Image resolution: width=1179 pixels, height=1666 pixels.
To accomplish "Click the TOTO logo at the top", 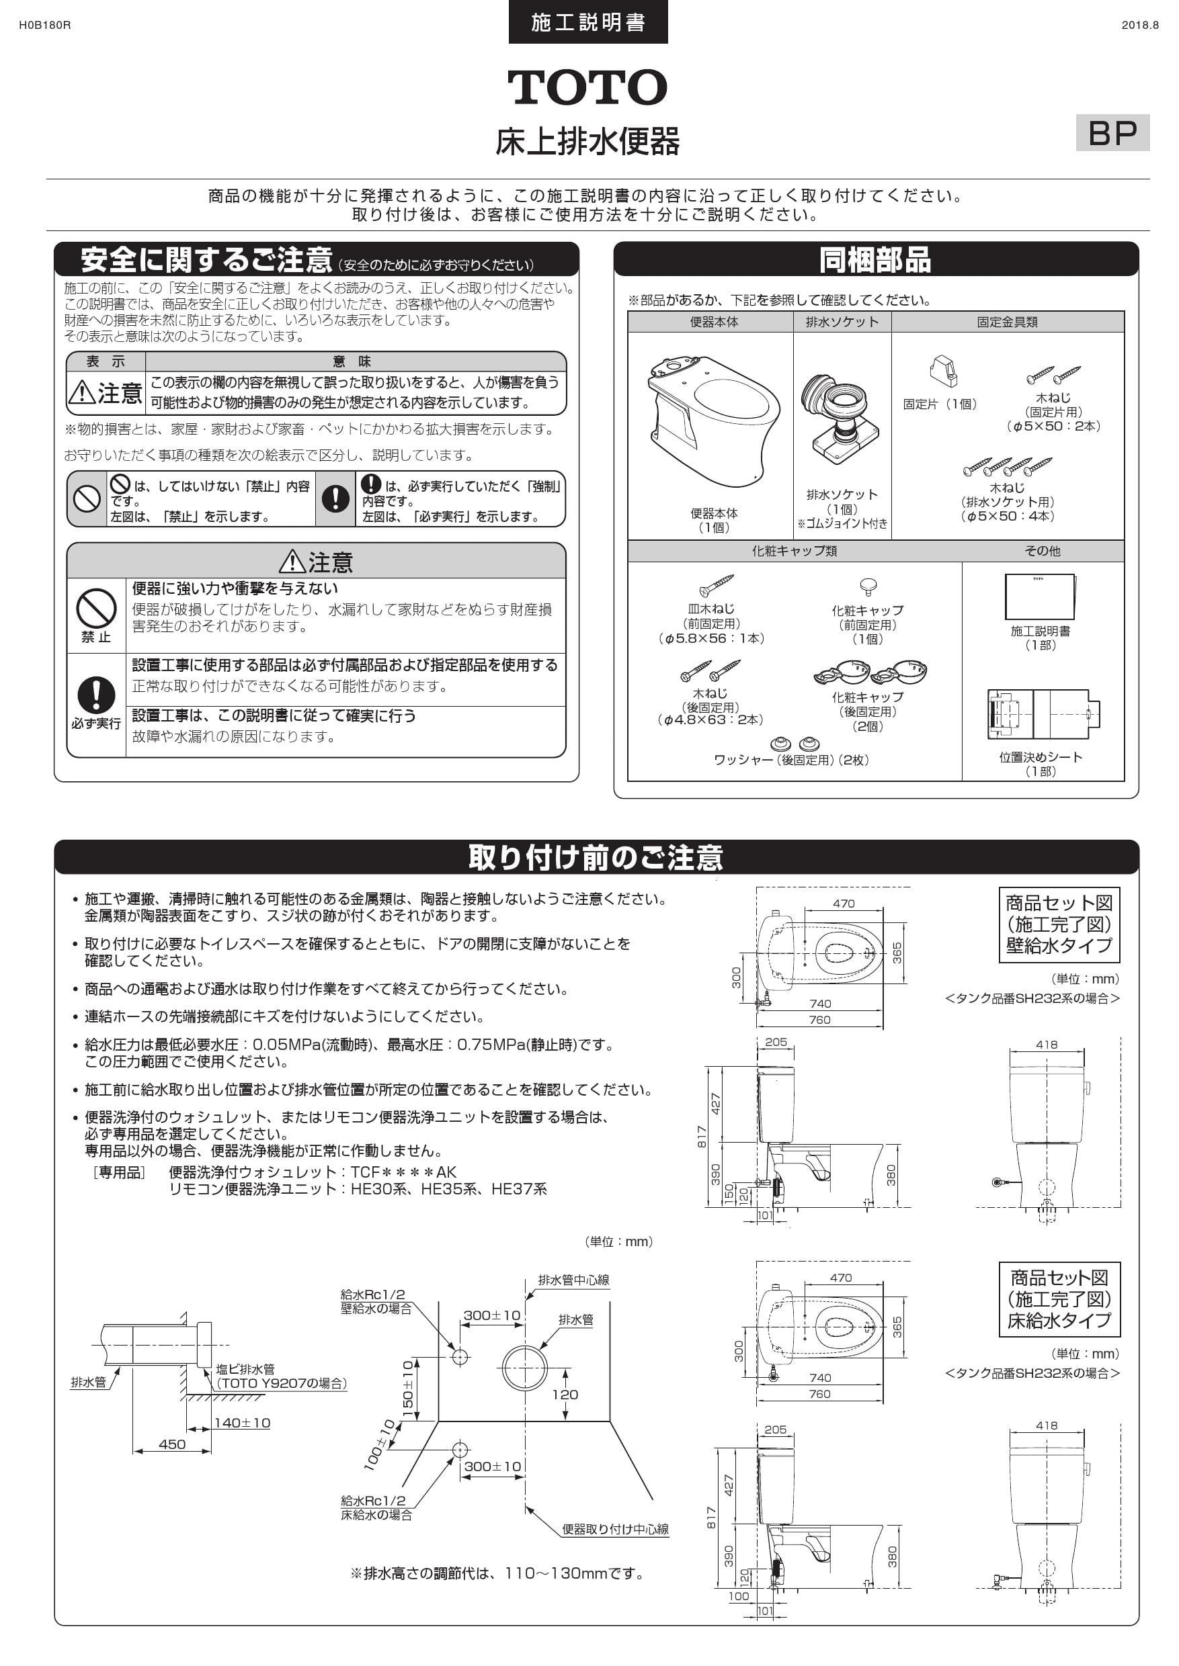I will tap(587, 88).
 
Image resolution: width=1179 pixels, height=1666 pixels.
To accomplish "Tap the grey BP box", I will tap(1112, 133).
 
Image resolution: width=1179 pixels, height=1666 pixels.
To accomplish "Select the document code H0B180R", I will tap(44, 26).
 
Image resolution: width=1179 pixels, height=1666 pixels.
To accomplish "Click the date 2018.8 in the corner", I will tap(1140, 26).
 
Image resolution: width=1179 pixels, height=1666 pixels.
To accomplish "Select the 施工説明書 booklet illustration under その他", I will tap(1040, 597).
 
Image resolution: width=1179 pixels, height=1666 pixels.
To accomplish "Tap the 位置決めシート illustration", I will tap(1043, 714).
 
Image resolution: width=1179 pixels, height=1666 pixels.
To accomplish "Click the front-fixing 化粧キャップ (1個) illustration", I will tap(868, 586).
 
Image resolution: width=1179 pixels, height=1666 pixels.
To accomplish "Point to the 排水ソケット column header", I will tap(842, 322).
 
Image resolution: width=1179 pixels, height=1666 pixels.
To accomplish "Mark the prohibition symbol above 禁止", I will tap(96, 607).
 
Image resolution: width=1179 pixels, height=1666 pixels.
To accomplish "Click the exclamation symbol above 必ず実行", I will tap(96, 695).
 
